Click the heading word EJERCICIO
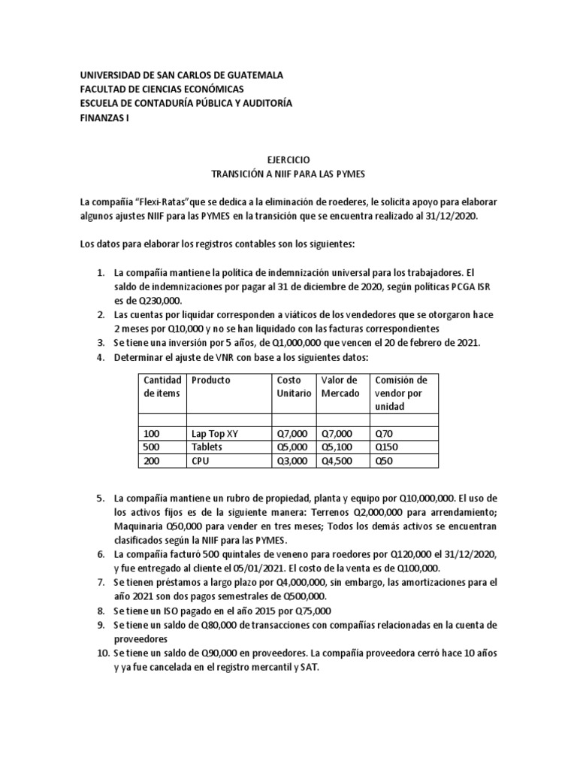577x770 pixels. tap(288, 160)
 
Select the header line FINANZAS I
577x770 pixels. tap(104, 117)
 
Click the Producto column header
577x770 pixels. tap(211, 380)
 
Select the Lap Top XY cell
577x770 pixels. tap(218, 433)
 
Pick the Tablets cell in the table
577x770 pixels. tap(207, 447)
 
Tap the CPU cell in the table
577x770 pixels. tap(201, 461)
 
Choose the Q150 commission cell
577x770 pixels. tap(386, 447)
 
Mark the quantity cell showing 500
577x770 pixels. tap(151, 447)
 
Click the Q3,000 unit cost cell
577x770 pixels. tap(292, 461)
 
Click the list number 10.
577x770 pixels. tap(103, 652)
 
